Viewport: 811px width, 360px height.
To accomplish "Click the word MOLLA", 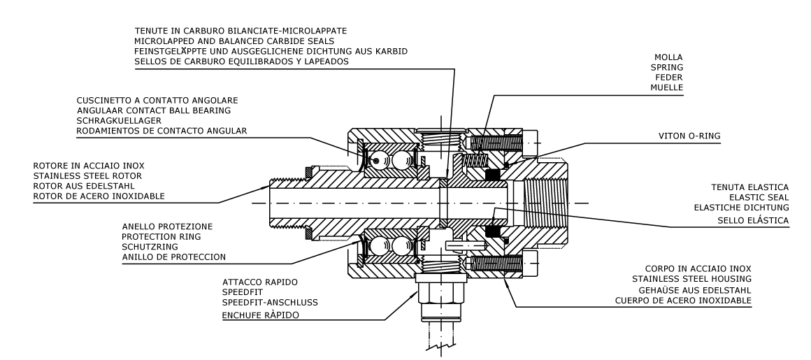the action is pyautogui.click(x=668, y=57).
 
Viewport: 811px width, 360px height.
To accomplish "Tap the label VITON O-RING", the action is pyautogui.click(x=689, y=136).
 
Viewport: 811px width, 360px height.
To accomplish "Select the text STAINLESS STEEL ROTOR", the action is pyautogui.click(x=87, y=176).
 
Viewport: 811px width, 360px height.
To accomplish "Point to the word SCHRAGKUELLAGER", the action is pyautogui.click(x=119, y=120).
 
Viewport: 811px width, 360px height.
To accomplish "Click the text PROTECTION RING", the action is pyautogui.click(x=162, y=237).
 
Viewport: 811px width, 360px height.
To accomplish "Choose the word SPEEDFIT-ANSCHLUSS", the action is pyautogui.click(x=270, y=303).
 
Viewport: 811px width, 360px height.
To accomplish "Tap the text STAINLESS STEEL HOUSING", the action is pyautogui.click(x=691, y=280).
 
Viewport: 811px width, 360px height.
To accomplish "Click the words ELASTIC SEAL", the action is pyautogui.click(x=759, y=198).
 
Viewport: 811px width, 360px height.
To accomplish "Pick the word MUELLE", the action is pyautogui.click(x=667, y=88).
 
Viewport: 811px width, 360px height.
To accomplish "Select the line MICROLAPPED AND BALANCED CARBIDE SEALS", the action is pyautogui.click(x=234, y=41).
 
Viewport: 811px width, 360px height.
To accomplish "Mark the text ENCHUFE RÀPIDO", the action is pyautogui.click(x=260, y=315).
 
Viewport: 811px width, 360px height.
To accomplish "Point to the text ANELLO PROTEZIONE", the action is pyautogui.click(x=167, y=226).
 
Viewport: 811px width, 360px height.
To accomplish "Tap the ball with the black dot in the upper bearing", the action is pyautogui.click(x=377, y=161).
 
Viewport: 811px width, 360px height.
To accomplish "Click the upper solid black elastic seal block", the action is pyautogui.click(x=492, y=175).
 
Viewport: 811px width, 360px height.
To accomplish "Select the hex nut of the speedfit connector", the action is pyautogui.click(x=440, y=291).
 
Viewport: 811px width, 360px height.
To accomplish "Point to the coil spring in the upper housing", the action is pyautogui.click(x=475, y=160).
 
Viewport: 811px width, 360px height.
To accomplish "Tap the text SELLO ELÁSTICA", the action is pyautogui.click(x=753, y=221).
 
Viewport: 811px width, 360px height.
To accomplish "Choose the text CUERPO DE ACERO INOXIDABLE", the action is pyautogui.click(x=683, y=301).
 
